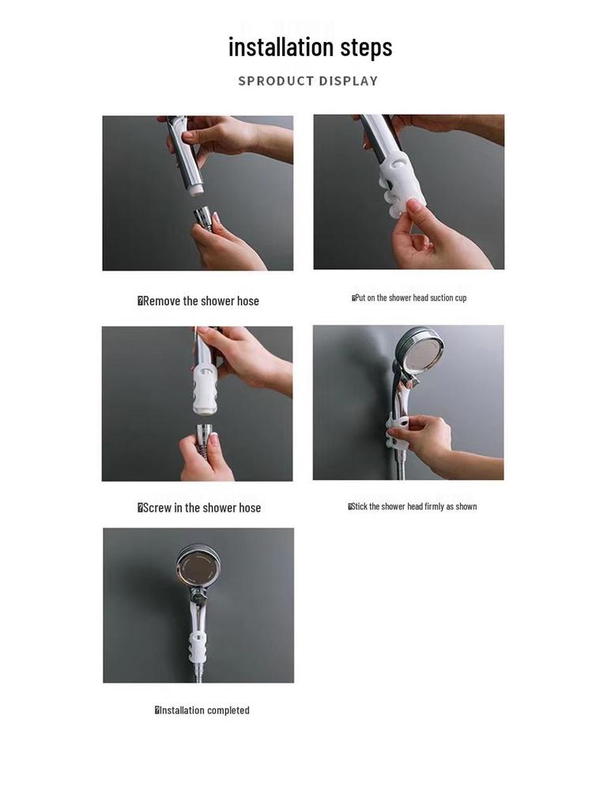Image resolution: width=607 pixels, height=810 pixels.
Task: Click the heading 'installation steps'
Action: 310,47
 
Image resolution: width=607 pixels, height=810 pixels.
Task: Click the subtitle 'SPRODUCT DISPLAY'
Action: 308,81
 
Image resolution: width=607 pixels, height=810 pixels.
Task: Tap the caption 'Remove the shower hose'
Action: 199,301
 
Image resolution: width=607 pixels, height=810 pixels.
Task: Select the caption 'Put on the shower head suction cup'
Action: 409,298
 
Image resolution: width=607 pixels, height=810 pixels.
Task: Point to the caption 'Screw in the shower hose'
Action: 199,508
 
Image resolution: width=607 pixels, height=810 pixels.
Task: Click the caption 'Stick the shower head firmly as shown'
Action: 413,506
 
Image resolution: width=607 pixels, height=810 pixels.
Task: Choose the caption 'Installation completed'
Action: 202,710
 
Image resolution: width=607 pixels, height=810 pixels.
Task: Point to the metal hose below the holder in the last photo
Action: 198,672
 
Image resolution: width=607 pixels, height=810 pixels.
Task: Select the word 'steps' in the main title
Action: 366,47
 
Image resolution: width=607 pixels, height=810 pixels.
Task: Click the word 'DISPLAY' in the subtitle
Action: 344,81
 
